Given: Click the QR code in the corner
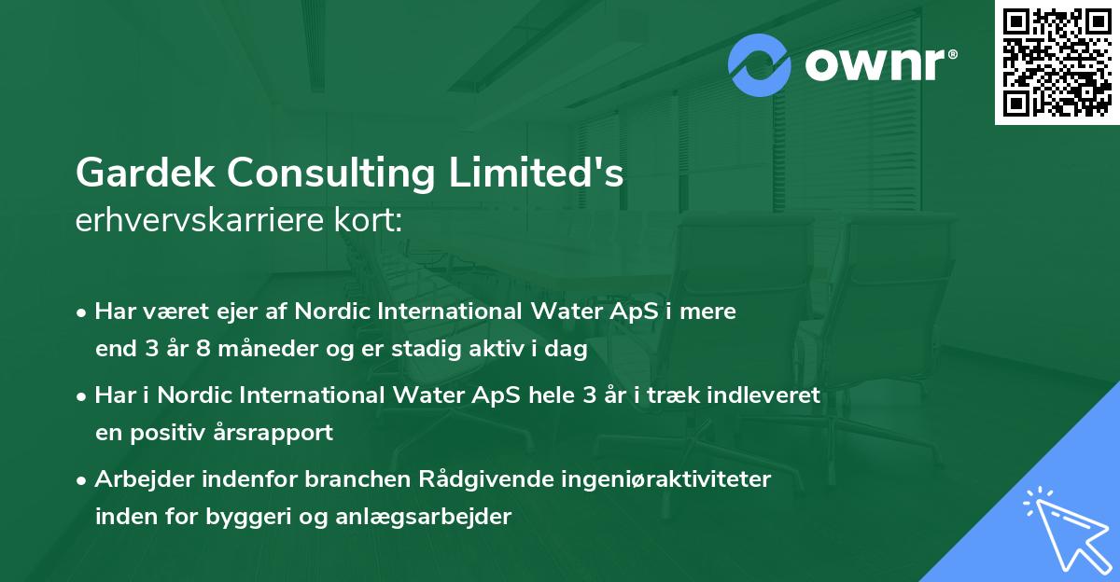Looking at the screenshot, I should pyautogui.click(x=1057, y=62).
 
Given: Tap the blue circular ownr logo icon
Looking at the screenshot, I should pyautogui.click(x=761, y=64).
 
